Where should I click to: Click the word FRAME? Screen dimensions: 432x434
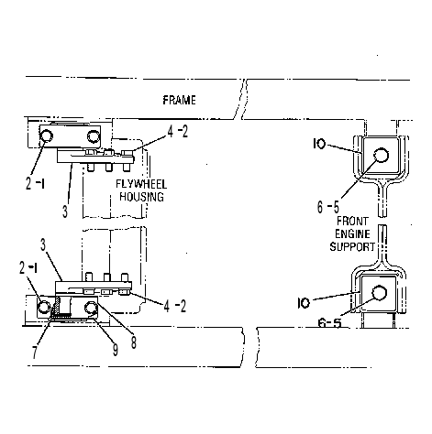click(179, 100)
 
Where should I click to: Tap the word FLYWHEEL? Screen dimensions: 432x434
click(141, 184)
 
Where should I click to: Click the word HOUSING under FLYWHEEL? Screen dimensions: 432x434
click(141, 197)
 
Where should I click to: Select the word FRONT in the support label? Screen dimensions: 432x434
click(352, 221)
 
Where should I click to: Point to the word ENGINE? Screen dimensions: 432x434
click(352, 233)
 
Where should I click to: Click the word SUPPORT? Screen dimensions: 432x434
click(352, 246)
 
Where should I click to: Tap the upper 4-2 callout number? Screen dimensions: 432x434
click(178, 131)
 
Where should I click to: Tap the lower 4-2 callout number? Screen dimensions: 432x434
click(175, 306)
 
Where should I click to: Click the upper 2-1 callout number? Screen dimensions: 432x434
click(35, 183)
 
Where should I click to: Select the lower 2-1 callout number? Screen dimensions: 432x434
click(28, 267)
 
